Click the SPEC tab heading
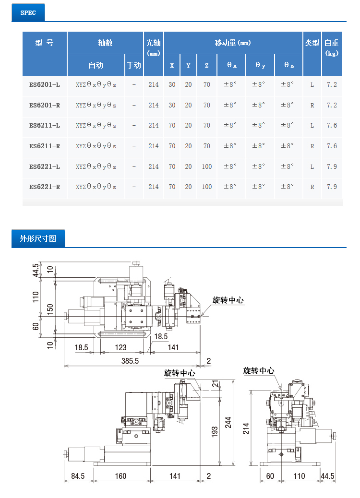(28, 12)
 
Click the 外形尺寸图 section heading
(38, 238)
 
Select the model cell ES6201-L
(45, 85)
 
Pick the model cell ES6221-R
(45, 187)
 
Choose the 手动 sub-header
(134, 65)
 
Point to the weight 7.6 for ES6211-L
(332, 125)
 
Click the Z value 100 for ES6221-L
(207, 166)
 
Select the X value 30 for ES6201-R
(172, 105)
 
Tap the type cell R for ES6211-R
(312, 146)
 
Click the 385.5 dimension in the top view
(130, 361)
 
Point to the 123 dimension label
(121, 347)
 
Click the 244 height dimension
(228, 422)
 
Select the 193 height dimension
(215, 432)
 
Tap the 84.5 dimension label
(78, 476)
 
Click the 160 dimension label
(121, 476)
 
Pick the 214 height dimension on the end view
(246, 428)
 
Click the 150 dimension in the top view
(50, 309)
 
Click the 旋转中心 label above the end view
(259, 371)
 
